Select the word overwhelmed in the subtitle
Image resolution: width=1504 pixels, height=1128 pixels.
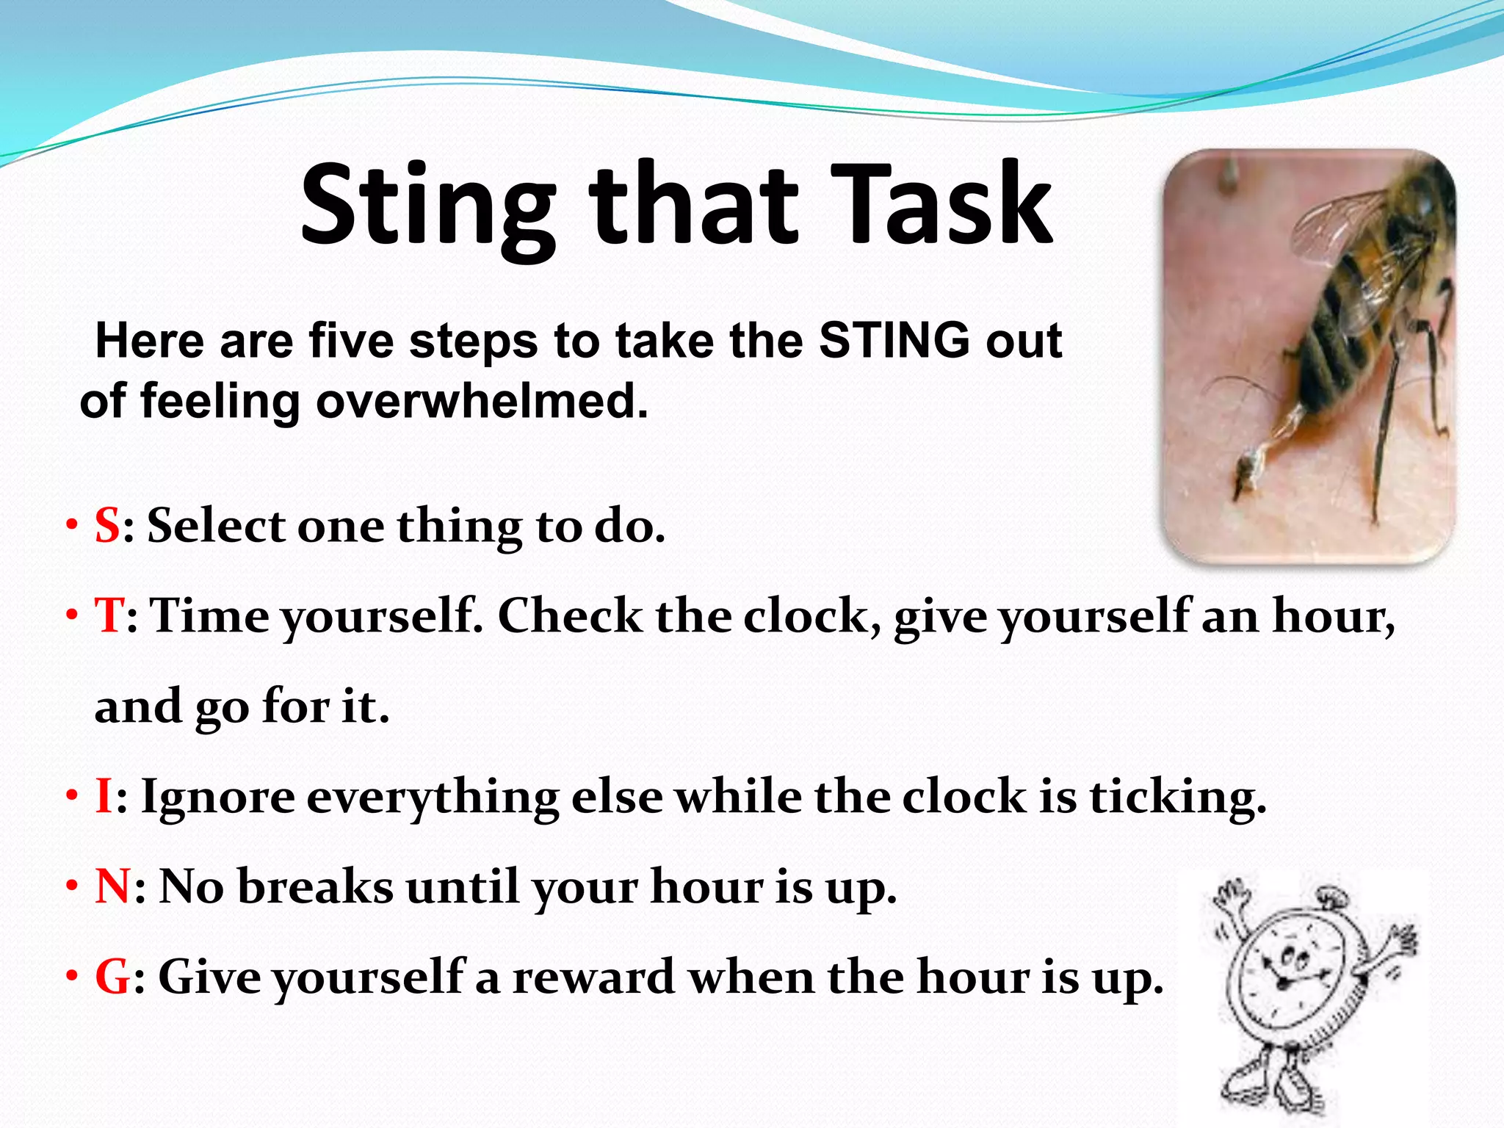coord(482,402)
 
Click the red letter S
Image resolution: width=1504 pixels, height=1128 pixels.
coord(107,526)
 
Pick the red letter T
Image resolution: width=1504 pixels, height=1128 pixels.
coord(109,615)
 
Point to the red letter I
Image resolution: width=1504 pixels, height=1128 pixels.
coord(104,797)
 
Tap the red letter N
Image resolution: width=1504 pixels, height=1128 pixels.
coord(112,886)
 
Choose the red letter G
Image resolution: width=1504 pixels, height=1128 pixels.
coord(113,977)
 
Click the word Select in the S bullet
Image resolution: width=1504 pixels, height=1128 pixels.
coord(216,526)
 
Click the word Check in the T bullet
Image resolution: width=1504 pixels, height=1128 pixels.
coord(570,615)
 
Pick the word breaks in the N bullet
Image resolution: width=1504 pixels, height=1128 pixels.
coord(316,886)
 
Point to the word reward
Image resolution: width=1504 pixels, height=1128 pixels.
coord(593,977)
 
